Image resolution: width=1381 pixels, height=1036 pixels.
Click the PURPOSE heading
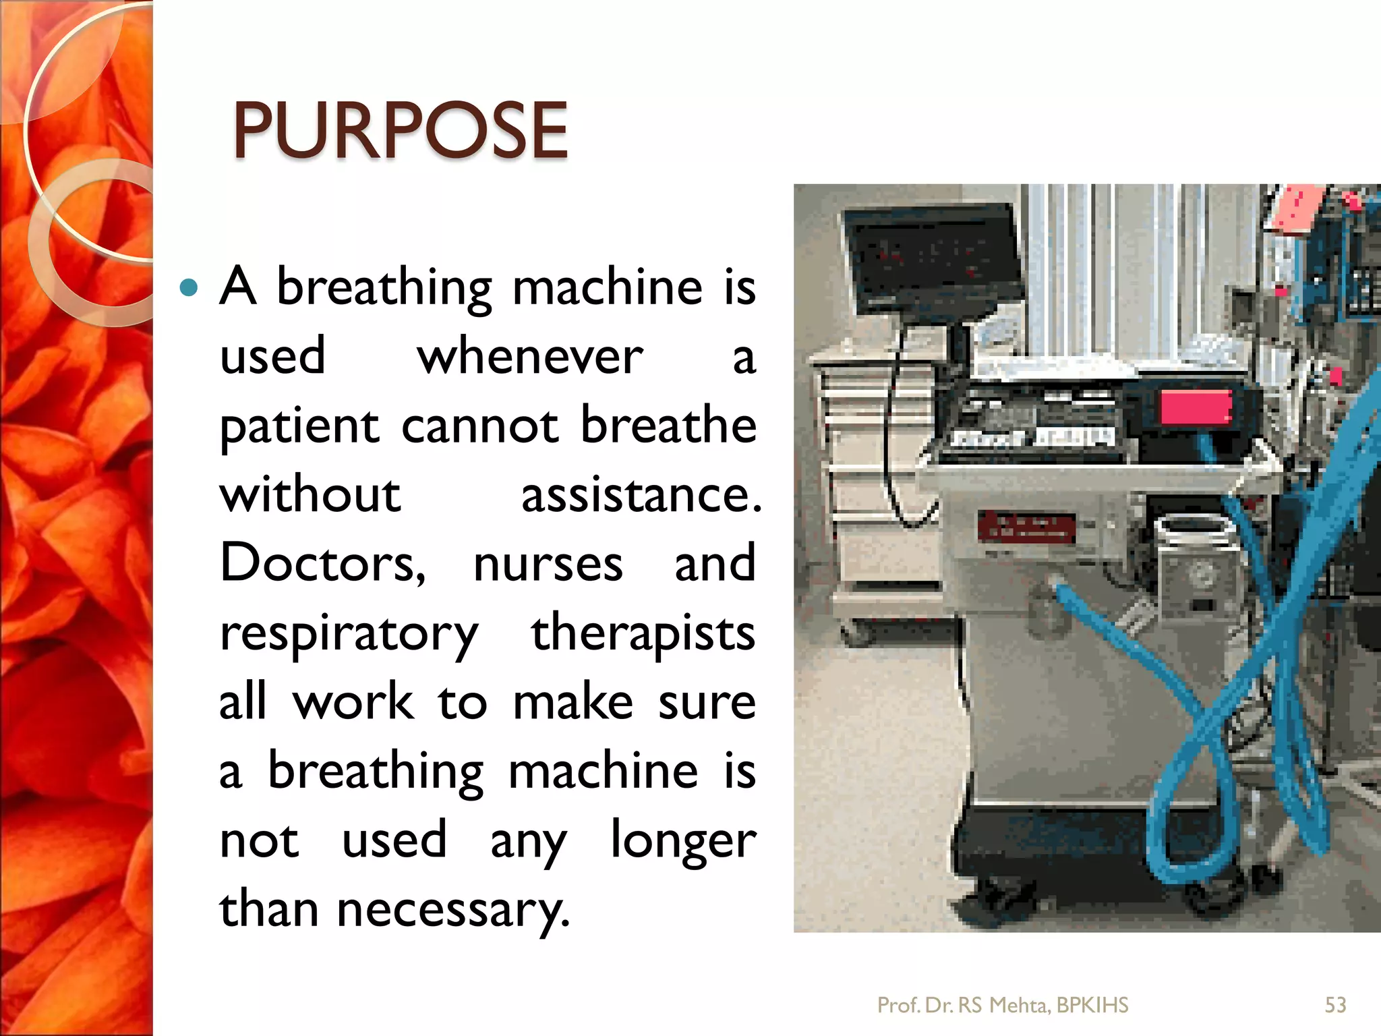click(400, 131)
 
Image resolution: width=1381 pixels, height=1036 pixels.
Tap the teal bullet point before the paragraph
click(189, 289)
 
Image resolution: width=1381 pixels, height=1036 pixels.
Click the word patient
click(299, 427)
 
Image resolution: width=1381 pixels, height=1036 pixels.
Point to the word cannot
click(479, 427)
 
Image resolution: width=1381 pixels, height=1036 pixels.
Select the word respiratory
click(349, 635)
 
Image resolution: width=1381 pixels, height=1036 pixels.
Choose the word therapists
click(643, 634)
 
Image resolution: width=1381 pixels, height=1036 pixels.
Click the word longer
click(683, 841)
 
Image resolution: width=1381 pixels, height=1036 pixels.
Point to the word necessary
click(452, 911)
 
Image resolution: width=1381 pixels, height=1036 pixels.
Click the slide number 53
click(1335, 1006)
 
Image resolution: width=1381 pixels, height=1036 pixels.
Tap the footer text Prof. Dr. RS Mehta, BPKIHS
click(1002, 1006)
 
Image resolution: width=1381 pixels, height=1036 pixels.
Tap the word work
click(353, 703)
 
